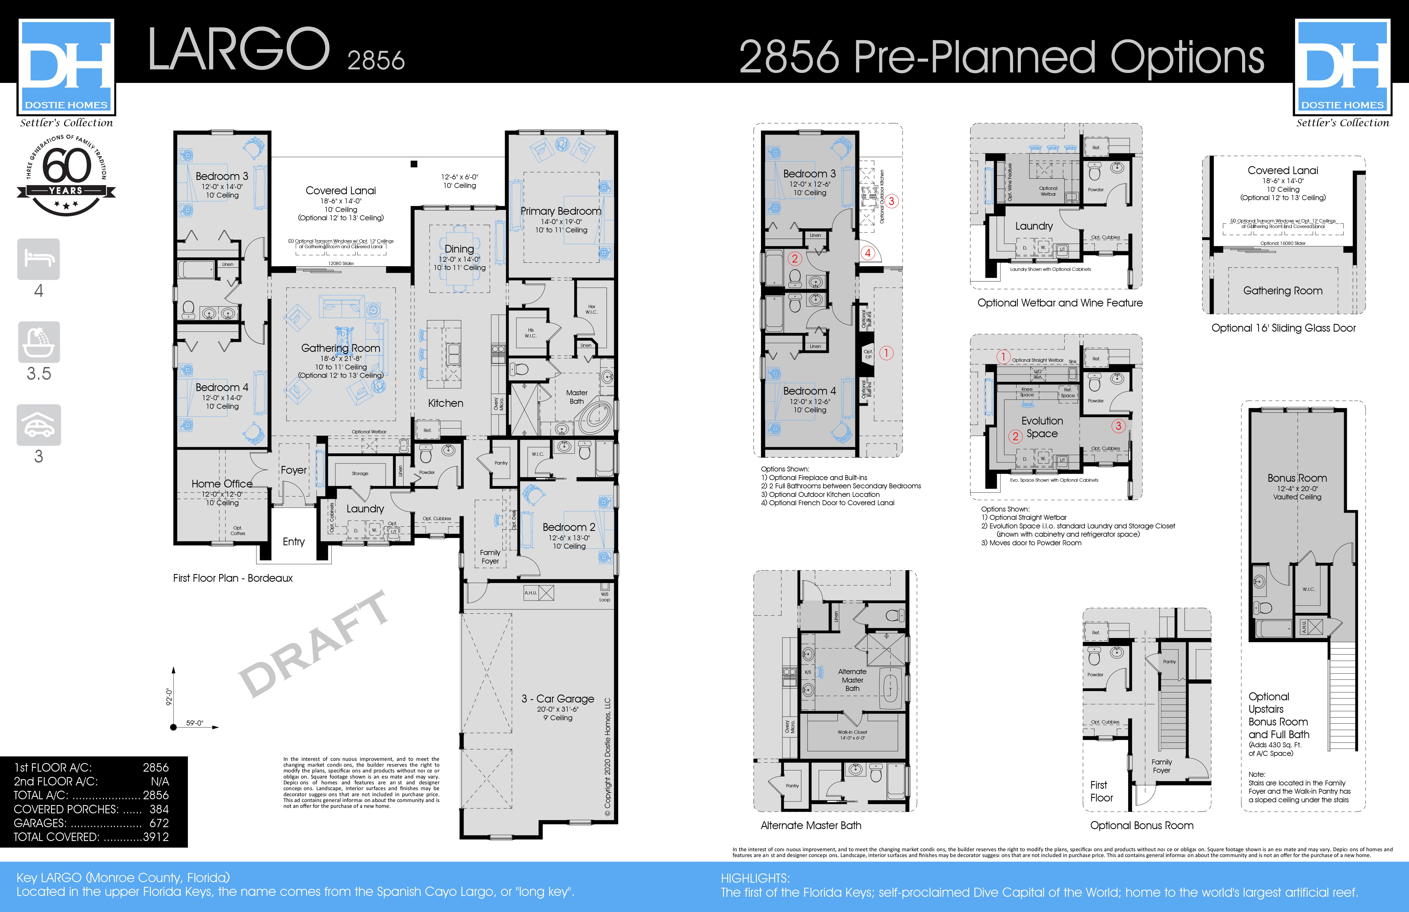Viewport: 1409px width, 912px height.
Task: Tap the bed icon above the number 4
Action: (38, 259)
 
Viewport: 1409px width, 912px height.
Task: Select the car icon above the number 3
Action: (38, 424)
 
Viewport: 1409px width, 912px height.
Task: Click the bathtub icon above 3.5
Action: (38, 342)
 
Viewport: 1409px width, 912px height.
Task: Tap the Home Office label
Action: (222, 484)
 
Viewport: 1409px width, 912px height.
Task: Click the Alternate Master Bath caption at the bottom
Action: (811, 825)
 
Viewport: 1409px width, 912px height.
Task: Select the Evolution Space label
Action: (1042, 427)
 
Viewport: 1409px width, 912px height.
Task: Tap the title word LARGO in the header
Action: (238, 50)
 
